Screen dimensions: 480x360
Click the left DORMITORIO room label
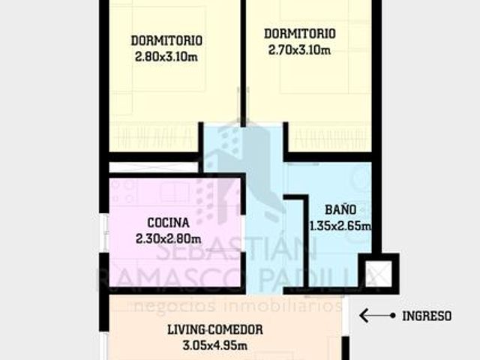point(166,40)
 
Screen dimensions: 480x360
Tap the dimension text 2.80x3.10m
point(166,57)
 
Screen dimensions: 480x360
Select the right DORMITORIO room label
point(300,33)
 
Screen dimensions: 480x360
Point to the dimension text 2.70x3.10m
point(299,49)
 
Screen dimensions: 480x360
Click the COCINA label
point(168,223)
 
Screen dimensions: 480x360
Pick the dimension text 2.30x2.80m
point(168,238)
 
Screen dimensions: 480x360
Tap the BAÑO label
point(340,210)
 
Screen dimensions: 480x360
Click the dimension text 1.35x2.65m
point(340,226)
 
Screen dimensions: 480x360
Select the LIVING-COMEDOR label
point(215,330)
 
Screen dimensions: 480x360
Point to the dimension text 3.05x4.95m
point(215,346)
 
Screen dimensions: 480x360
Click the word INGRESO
point(427,316)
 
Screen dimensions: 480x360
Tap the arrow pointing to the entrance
point(377,316)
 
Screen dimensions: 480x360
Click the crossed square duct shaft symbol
point(379,273)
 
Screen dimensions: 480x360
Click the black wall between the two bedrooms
point(243,63)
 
